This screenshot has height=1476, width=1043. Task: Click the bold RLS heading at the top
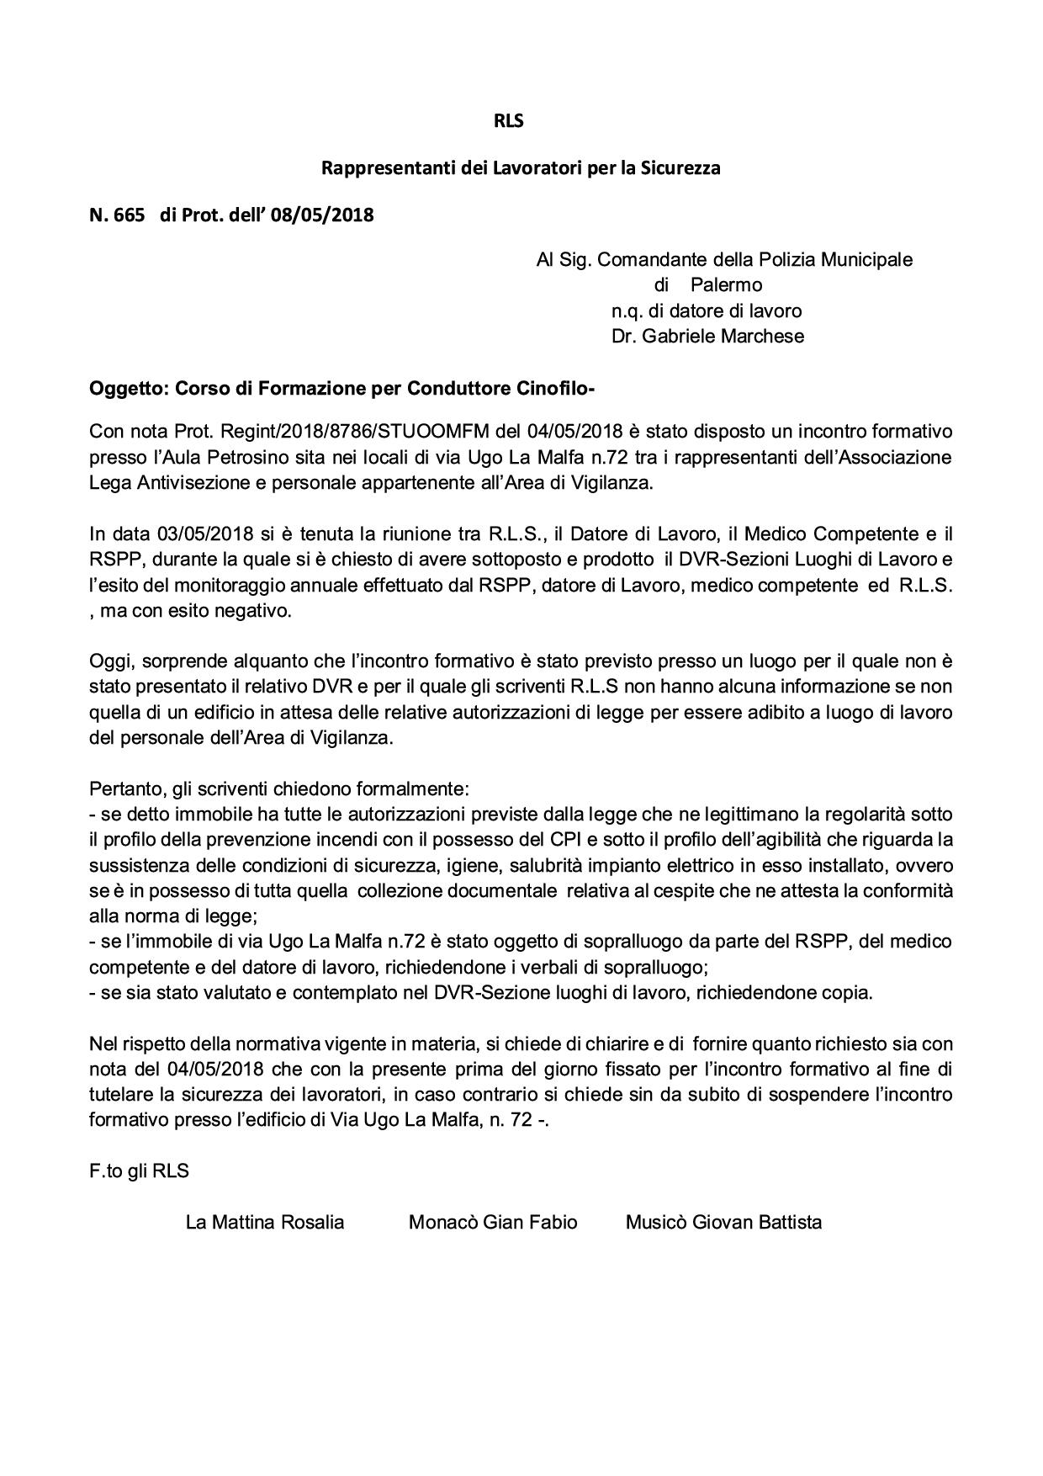(x=508, y=121)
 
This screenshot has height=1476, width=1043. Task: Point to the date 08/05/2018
(x=322, y=215)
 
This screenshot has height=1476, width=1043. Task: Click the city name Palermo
(x=727, y=285)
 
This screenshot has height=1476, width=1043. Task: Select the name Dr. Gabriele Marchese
(x=707, y=337)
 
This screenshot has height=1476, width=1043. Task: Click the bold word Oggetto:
(x=129, y=389)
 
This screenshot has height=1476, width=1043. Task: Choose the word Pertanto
(x=126, y=790)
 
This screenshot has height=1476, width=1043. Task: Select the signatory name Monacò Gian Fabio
(x=493, y=1223)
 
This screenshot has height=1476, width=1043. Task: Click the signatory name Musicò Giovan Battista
(x=723, y=1223)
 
